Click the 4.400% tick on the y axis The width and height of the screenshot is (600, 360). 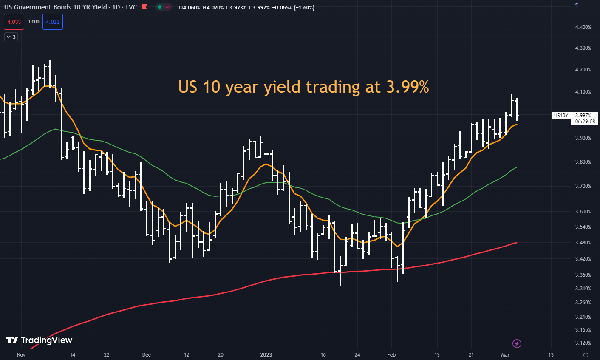[x=583, y=27]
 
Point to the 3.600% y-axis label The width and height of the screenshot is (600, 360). [x=583, y=212]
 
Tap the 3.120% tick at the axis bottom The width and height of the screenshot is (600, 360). [x=583, y=343]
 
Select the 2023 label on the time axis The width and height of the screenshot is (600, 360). [x=266, y=354]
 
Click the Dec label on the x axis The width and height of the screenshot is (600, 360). [x=146, y=354]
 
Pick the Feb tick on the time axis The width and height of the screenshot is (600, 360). [x=391, y=354]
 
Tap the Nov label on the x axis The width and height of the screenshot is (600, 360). [x=21, y=354]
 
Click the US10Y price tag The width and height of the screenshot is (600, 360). [x=561, y=116]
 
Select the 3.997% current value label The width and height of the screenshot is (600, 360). [x=583, y=116]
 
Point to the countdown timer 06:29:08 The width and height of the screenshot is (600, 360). [x=585, y=122]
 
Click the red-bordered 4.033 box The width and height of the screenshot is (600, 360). [x=14, y=22]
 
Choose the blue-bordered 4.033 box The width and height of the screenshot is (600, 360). [x=53, y=22]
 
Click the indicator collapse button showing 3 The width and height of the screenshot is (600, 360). [x=11, y=37]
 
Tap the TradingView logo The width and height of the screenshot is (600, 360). [x=39, y=340]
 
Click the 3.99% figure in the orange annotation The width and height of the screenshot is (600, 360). [x=408, y=87]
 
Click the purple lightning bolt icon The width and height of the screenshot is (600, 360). [x=517, y=343]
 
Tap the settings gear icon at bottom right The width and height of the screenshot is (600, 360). [x=586, y=355]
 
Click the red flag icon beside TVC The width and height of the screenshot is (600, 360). [x=144, y=7]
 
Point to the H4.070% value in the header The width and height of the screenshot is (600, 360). [x=213, y=8]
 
